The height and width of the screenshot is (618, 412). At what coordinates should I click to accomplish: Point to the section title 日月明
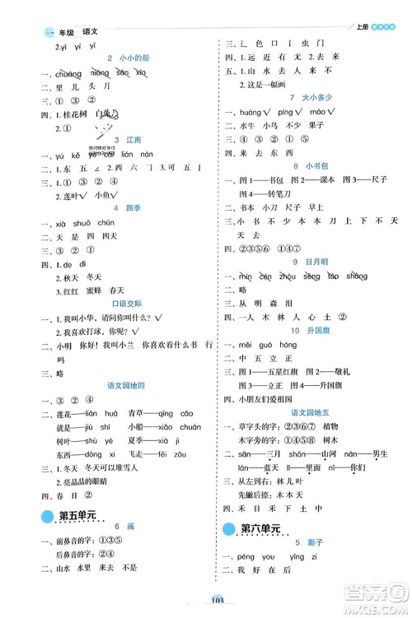pos(310,262)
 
